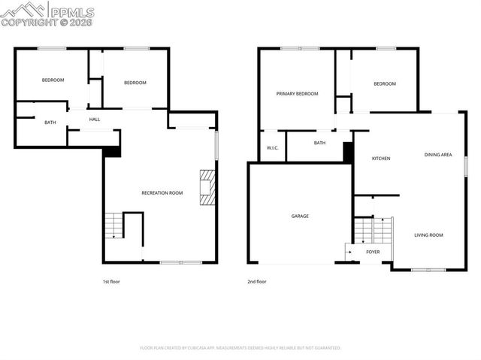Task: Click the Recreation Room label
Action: click(x=162, y=193)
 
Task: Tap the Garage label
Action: click(x=300, y=216)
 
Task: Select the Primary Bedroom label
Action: click(x=297, y=94)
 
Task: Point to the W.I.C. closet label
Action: click(x=272, y=148)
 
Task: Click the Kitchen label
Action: click(x=382, y=159)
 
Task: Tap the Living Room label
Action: click(x=428, y=235)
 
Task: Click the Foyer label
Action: click(x=373, y=252)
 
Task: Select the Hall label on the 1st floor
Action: click(x=95, y=119)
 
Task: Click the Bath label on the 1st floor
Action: click(x=50, y=123)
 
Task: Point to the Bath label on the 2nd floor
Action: click(x=319, y=143)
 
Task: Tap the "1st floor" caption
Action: click(x=111, y=282)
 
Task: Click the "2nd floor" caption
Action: click(x=257, y=282)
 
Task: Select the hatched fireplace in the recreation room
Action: click(x=207, y=187)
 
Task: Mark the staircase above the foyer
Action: click(x=373, y=228)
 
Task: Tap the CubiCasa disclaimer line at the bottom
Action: click(x=240, y=348)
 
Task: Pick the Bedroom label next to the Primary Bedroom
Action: click(x=384, y=83)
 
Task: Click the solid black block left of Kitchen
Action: click(x=348, y=152)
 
